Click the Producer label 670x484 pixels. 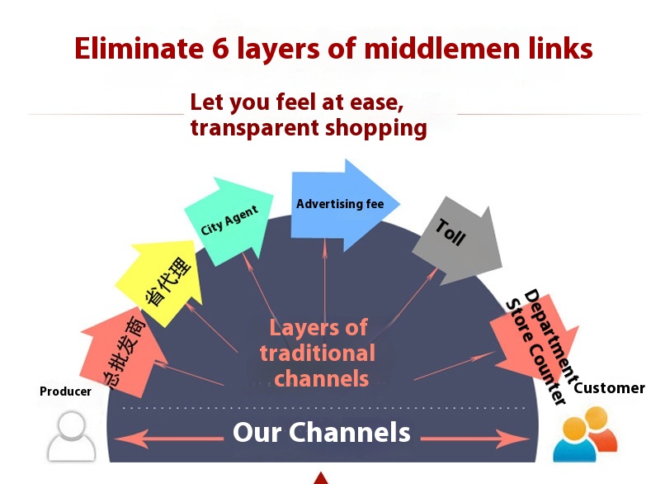tap(65, 391)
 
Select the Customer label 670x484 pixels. tap(609, 387)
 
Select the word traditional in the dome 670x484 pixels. tap(318, 354)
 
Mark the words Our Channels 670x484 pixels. tap(322, 432)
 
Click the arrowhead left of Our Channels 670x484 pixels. tap(140, 435)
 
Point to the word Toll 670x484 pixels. tap(451, 232)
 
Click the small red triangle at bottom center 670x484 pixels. tap(321, 477)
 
